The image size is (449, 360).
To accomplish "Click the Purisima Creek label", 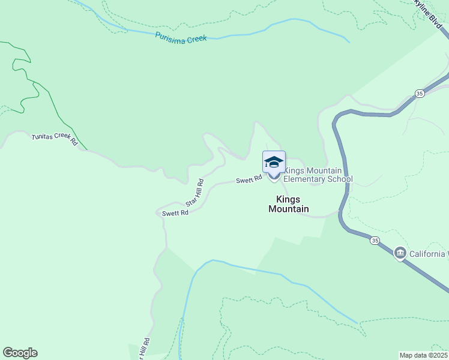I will [181, 37].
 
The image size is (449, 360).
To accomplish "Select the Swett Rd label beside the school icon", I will [249, 179].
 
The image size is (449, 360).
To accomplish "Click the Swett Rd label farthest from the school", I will [175, 213].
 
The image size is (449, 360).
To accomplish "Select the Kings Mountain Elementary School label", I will [318, 175].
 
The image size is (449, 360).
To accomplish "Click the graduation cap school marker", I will [274, 163].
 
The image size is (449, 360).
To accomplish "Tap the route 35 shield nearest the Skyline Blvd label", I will [420, 93].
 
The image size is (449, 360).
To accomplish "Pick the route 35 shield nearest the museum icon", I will [375, 241].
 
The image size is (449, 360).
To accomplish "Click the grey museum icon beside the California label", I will [400, 254].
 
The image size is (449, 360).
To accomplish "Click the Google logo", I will [20, 353].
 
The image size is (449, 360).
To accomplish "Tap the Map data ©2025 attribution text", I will [423, 355].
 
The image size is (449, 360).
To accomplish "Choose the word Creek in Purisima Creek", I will [195, 38].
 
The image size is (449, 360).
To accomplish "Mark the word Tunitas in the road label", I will [43, 137].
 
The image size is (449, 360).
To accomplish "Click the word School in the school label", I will [340, 179].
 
